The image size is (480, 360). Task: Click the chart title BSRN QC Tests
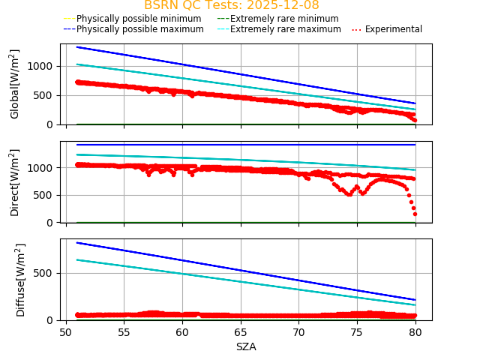(197, 5)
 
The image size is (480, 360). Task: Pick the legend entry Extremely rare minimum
(284, 19)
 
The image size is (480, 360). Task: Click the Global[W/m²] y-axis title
(15, 84)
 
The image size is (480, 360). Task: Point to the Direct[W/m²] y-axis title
(15, 182)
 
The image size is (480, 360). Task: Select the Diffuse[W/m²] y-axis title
(21, 280)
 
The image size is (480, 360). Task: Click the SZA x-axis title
(246, 346)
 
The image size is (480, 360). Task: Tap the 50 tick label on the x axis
(65, 331)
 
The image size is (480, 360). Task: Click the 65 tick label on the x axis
(241, 331)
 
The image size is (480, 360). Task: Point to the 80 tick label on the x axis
(415, 331)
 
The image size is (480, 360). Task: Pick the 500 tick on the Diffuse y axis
(46, 273)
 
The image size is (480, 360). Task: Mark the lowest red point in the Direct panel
(415, 214)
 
